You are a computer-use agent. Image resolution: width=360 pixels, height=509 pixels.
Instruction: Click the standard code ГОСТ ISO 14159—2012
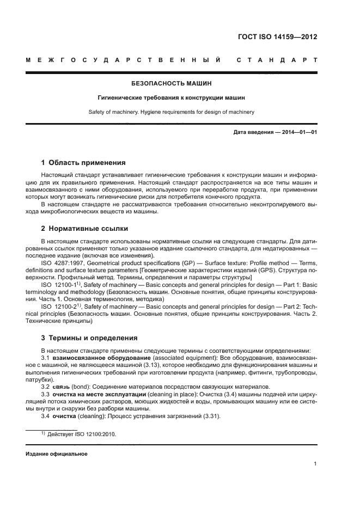coord(277,37)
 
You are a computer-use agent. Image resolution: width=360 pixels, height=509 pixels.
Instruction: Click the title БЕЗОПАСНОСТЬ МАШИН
coord(172,84)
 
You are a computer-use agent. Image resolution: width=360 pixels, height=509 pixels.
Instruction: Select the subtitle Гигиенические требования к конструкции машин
coord(172,98)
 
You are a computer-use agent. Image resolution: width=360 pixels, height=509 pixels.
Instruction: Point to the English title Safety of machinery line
coord(172,112)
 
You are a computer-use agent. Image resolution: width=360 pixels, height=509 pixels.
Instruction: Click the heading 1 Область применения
coord(83,162)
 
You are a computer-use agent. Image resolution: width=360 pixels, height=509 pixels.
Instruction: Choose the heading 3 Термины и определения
coord(89,338)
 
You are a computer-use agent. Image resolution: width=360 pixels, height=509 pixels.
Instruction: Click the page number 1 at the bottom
coord(315,464)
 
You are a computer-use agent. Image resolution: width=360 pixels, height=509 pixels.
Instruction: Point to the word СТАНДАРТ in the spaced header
coord(277,59)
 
